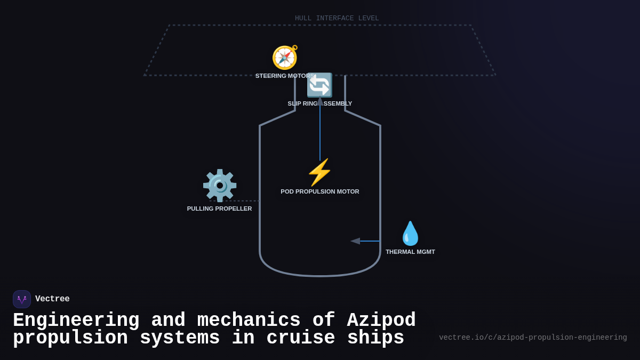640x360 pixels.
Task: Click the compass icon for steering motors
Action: coord(285,58)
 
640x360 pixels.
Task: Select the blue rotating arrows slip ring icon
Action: coord(319,85)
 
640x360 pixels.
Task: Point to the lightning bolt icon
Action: coord(319,172)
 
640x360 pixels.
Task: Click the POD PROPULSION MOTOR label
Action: coord(319,191)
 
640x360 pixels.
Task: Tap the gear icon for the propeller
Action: coord(219,186)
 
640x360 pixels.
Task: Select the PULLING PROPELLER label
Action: coord(219,209)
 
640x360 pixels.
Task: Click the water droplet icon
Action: coord(410,234)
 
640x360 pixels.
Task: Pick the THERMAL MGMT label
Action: coord(410,252)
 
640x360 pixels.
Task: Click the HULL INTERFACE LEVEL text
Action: coord(337,18)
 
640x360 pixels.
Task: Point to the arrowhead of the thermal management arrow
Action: coord(355,241)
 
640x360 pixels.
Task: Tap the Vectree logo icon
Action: coord(22,299)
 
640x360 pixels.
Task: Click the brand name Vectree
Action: coord(52,299)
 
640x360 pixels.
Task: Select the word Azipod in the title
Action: coord(381,321)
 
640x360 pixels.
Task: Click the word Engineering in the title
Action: coord(76,321)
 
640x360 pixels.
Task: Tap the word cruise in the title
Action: coord(301,338)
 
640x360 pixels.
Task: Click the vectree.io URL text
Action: coord(533,338)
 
